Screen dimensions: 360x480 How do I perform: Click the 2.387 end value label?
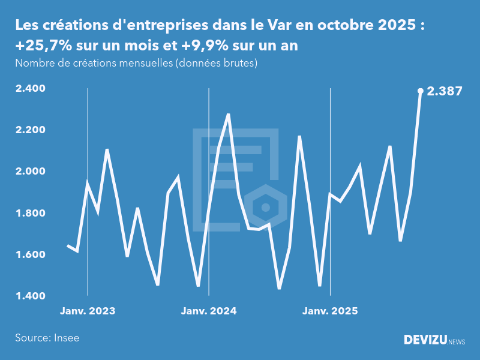tap(445, 92)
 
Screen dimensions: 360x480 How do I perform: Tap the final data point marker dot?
tap(421, 91)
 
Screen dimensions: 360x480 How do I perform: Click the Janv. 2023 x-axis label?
tap(88, 311)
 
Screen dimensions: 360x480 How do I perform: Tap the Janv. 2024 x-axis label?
tap(209, 311)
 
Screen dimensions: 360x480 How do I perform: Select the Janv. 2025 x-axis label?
tap(330, 311)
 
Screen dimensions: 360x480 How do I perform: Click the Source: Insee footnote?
tap(47, 338)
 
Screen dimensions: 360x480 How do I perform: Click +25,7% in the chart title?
tap(41, 46)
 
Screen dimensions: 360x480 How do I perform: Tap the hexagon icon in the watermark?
tap(265, 208)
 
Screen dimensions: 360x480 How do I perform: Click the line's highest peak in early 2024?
tap(229, 114)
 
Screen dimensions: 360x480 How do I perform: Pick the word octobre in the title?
tap(342, 26)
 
